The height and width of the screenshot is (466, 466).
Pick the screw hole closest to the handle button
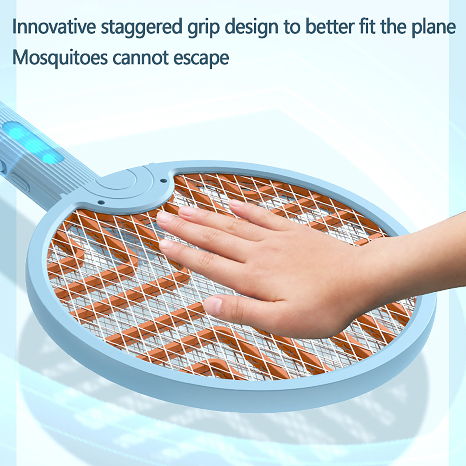[101, 202]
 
